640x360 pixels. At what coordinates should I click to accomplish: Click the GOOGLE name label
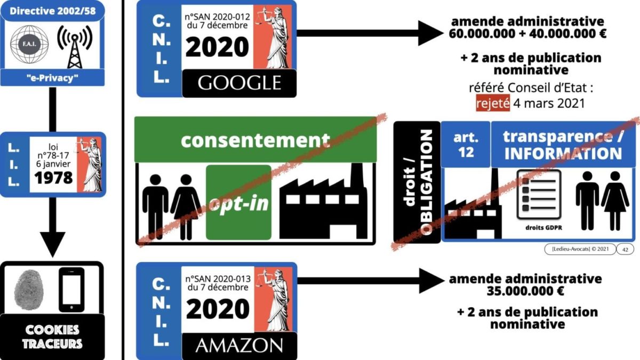239,83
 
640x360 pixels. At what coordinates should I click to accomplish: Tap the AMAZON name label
238,346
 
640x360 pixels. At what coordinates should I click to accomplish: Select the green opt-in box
238,203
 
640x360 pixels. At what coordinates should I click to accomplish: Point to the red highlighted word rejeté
493,102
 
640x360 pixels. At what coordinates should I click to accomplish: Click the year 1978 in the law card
53,178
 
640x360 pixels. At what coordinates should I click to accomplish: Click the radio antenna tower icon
74,45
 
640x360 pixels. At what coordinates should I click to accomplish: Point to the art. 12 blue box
466,144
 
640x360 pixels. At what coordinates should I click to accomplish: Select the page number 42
625,249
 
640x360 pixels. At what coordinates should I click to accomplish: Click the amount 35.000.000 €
525,292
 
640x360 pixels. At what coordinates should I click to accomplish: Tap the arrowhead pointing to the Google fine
430,33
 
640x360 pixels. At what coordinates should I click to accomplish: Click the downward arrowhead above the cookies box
52,244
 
